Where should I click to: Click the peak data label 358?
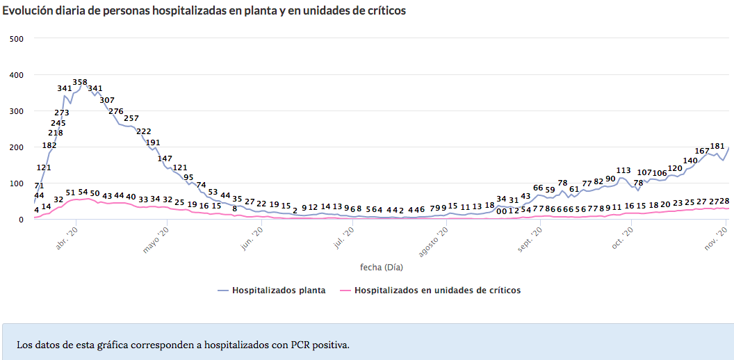tap(80, 82)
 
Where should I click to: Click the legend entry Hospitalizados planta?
tap(278, 291)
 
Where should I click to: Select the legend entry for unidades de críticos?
tap(437, 291)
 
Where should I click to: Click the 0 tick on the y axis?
tap(20, 220)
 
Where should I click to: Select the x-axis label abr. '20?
tap(67, 238)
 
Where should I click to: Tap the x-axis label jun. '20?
tap(252, 238)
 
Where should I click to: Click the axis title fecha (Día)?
tap(381, 267)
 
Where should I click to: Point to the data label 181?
tap(717, 146)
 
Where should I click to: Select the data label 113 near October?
tap(623, 170)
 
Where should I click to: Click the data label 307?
tap(107, 100)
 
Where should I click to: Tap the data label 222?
tap(144, 131)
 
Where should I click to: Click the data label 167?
tap(702, 151)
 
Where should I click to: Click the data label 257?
tap(131, 118)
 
